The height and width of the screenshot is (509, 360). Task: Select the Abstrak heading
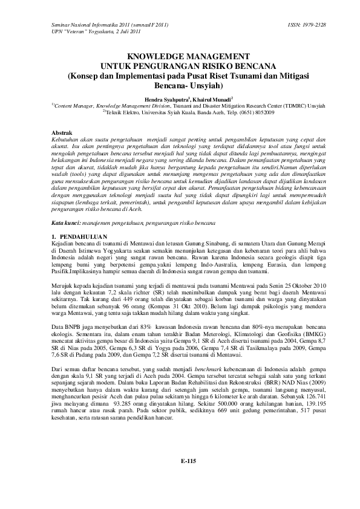click(61, 131)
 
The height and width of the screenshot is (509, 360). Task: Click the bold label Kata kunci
click(66, 206)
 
